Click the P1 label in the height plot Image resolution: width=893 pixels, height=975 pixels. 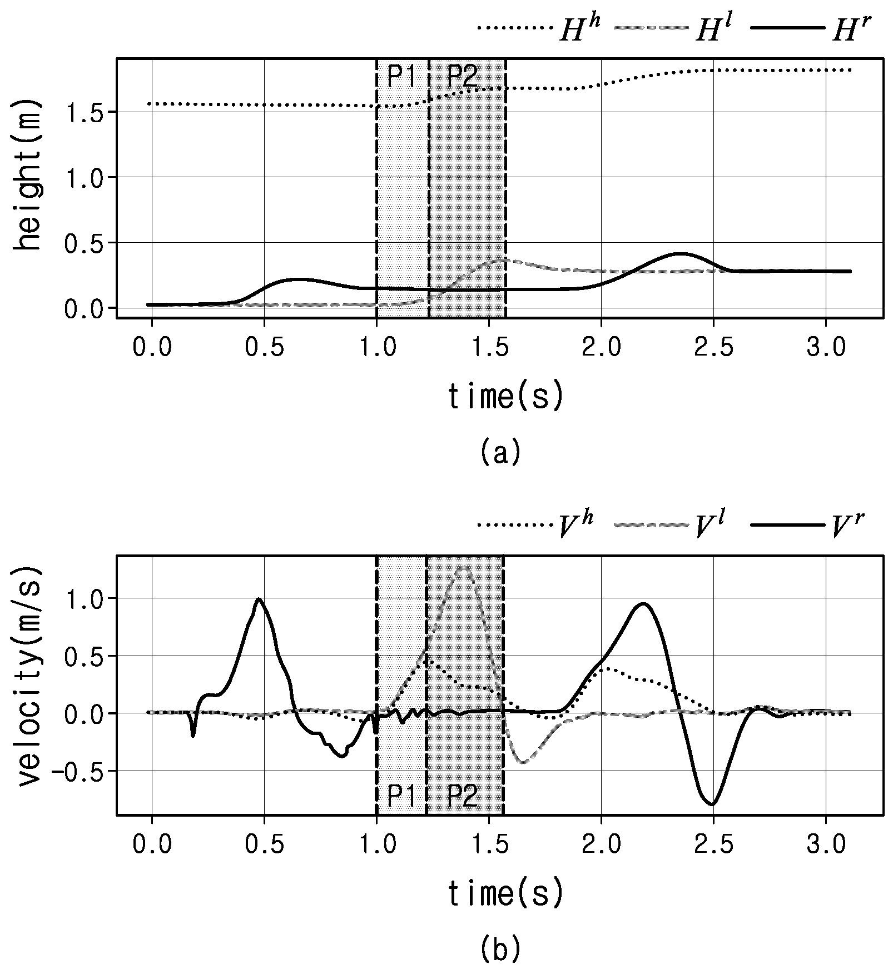401,77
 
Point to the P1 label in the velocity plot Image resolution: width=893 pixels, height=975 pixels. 401,796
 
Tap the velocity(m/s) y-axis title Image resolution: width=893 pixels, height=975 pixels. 29,676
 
